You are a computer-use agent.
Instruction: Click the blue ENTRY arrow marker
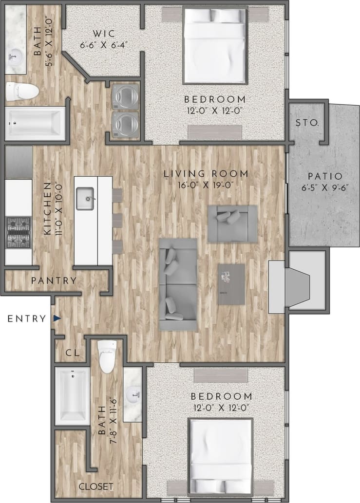57,318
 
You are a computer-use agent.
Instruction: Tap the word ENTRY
27,319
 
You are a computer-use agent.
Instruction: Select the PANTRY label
54,280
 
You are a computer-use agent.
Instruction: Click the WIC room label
104,34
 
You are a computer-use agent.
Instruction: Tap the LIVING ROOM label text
206,173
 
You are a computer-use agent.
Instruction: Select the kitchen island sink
85,198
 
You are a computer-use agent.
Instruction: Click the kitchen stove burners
19,232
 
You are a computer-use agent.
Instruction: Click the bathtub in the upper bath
34,123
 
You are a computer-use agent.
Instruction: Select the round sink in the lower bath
133,393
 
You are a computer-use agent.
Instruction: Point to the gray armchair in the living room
232,223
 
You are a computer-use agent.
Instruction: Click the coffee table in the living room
231,284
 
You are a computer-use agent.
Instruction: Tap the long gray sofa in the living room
178,284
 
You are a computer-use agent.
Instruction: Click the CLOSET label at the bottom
96,486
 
